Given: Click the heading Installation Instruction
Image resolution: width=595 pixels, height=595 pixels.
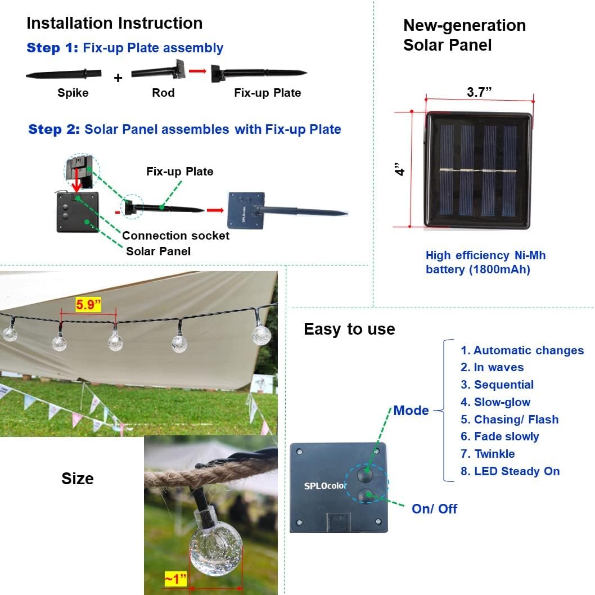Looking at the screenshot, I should pyautogui.click(x=114, y=24).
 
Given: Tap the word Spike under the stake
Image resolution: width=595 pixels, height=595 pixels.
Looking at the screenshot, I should pyautogui.click(x=73, y=93).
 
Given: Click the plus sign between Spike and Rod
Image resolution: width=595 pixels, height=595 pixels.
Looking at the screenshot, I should pyautogui.click(x=118, y=78).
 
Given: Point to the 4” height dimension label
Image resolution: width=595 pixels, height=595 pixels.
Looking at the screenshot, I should pyautogui.click(x=400, y=169).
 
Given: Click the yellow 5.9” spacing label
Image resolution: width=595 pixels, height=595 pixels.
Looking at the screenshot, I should pyautogui.click(x=89, y=305).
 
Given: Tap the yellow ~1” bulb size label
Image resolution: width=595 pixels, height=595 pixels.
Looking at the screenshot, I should pyautogui.click(x=175, y=579).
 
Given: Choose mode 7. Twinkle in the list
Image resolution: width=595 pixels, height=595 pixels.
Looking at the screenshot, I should pyautogui.click(x=488, y=454).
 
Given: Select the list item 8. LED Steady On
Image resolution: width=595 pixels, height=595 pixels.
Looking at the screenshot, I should pyautogui.click(x=510, y=471).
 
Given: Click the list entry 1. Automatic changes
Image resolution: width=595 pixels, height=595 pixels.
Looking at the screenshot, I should pyautogui.click(x=522, y=350).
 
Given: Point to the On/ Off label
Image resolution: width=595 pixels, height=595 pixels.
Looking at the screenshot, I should pyautogui.click(x=434, y=509).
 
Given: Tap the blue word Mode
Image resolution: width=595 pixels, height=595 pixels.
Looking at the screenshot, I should pyautogui.click(x=411, y=411).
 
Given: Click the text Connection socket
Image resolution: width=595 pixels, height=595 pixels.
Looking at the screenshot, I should pyautogui.click(x=175, y=236).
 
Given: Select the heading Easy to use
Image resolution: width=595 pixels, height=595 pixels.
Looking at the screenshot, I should pyautogui.click(x=349, y=329).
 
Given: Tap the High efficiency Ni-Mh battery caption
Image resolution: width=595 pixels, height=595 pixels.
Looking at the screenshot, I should pyautogui.click(x=485, y=263).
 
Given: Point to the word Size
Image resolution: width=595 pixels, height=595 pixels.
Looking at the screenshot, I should pyautogui.click(x=78, y=479).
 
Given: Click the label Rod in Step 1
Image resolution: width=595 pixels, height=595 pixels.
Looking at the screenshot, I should pyautogui.click(x=163, y=93).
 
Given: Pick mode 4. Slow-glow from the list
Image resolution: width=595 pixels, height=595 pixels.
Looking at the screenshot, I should pyautogui.click(x=495, y=402).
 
